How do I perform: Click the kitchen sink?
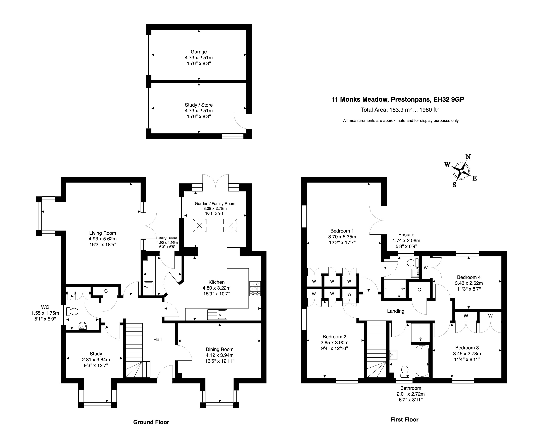[x=217, y=314]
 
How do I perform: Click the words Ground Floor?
[x=151, y=422]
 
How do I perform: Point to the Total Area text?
[x=399, y=110]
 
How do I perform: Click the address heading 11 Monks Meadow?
[x=397, y=99]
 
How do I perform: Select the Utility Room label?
[x=167, y=238]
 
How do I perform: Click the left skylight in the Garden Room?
[x=199, y=226]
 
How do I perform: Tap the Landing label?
[x=395, y=311]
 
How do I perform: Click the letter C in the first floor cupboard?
[x=419, y=290]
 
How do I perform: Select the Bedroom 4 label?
[x=468, y=277]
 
